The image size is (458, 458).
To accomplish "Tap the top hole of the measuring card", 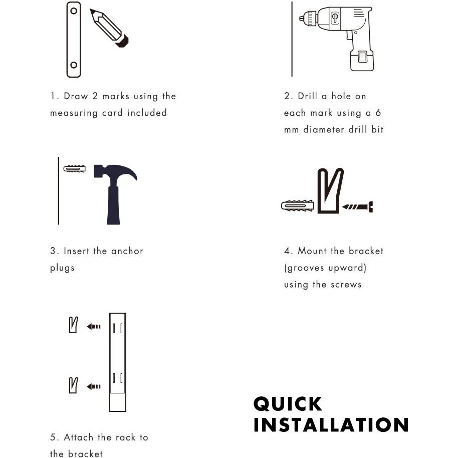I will (x=74, y=10).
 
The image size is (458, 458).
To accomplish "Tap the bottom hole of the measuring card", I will (x=74, y=65).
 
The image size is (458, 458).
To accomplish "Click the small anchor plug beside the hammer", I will (x=76, y=168).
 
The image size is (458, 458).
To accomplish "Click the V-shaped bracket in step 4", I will (x=330, y=191).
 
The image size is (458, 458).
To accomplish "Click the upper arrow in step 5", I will (x=93, y=327).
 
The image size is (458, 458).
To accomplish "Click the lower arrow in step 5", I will (x=93, y=386).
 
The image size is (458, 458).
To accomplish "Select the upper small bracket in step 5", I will (x=74, y=326).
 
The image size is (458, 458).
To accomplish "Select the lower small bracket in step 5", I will (x=74, y=385).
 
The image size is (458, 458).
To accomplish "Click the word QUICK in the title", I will (x=288, y=404).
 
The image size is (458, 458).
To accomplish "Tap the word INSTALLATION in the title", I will (x=331, y=425).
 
